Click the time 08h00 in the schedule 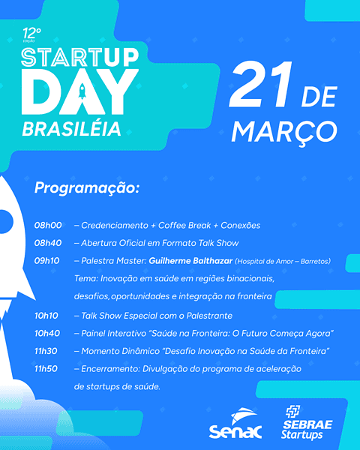tap(48, 225)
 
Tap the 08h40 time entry tap(48, 243)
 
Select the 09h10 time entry tap(48, 261)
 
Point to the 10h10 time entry tap(48, 315)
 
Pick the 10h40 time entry tap(48, 333)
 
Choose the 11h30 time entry tap(48, 351)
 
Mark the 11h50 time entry tap(48, 369)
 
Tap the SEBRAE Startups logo tap(308, 423)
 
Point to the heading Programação tap(87, 188)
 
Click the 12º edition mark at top tap(32, 35)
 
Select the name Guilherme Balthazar tap(190, 261)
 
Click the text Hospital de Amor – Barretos tap(283, 261)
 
